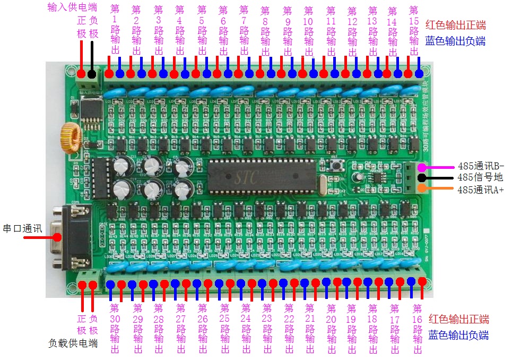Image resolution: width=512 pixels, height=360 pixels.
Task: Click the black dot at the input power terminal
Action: [x=92, y=74]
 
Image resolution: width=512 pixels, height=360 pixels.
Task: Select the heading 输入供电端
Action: [x=72, y=8]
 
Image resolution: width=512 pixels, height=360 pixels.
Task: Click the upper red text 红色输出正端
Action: [x=455, y=24]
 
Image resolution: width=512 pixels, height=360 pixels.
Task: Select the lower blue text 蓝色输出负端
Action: [x=458, y=335]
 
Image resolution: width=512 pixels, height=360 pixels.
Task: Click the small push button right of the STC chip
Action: [x=335, y=166]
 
